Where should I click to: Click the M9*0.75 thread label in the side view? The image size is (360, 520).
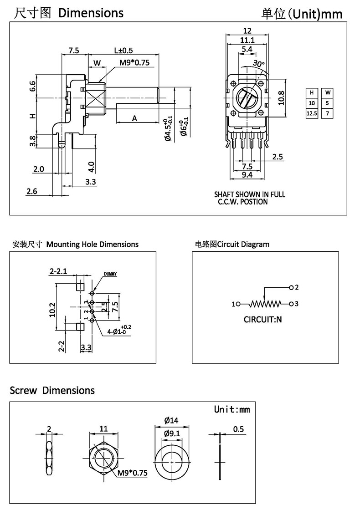(x=134, y=62)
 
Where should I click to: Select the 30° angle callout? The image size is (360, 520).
(x=258, y=64)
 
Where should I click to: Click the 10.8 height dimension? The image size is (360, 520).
(x=281, y=97)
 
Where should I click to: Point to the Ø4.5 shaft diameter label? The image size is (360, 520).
(x=168, y=130)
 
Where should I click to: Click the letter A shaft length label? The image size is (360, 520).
(x=135, y=118)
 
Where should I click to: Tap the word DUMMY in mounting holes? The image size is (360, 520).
(x=110, y=274)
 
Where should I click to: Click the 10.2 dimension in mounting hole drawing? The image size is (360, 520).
(x=52, y=309)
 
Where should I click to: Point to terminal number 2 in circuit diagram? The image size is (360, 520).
(x=296, y=287)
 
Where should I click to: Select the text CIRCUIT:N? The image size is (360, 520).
(x=263, y=319)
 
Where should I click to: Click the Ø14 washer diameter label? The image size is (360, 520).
(x=171, y=419)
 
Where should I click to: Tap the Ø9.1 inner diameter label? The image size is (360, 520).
(x=171, y=433)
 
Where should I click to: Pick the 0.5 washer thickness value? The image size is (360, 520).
(x=238, y=429)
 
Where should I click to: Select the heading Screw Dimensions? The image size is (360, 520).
(x=52, y=390)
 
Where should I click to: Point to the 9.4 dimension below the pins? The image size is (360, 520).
(x=247, y=174)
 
